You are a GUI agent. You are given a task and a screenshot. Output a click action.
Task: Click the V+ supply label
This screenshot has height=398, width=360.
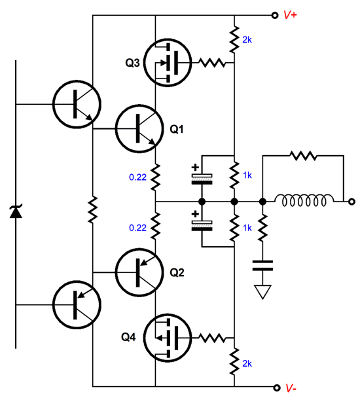290,15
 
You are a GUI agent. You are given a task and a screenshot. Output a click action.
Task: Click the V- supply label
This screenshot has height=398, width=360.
291,388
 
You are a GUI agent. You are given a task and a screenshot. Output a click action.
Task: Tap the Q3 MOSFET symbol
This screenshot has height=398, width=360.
168,63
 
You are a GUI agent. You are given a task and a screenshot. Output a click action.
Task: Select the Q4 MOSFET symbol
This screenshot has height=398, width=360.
168,338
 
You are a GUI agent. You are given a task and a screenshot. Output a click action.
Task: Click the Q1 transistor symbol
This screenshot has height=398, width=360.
139,128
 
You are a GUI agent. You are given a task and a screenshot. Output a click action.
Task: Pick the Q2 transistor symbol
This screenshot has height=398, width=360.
139,272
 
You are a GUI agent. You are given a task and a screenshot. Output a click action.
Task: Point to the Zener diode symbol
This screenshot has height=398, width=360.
16,212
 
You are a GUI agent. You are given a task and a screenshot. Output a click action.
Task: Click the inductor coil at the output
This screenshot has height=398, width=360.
304,201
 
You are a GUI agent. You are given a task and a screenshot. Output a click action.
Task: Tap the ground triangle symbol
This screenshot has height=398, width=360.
262,292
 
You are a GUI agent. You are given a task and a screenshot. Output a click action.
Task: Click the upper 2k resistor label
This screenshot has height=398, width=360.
247,40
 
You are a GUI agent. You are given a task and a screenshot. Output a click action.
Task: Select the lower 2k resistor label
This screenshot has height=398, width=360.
247,363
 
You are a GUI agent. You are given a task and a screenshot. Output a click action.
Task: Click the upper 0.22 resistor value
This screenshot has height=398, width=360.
137,177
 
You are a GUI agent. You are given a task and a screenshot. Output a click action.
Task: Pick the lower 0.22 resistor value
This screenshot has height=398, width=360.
137,228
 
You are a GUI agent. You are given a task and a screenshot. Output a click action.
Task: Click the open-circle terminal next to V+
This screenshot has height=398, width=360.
275,15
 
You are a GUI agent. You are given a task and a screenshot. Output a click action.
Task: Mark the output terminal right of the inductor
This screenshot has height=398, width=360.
351,202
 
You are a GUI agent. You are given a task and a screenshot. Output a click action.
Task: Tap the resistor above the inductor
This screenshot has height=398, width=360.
304,156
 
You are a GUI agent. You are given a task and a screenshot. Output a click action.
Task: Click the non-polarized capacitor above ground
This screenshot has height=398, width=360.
262,266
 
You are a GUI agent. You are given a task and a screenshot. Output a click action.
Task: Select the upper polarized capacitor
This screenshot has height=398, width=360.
202,179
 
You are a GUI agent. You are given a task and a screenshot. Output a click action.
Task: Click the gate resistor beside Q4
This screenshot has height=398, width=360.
211,338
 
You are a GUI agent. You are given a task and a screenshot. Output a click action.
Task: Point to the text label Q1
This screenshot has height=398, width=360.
177,129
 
